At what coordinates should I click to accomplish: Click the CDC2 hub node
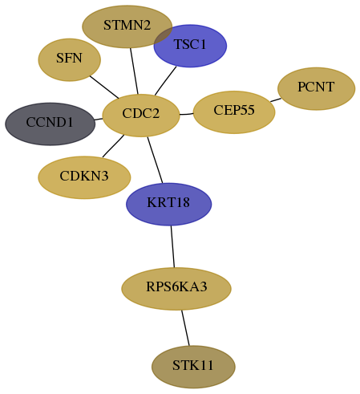(141, 116)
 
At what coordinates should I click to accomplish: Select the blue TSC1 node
(190, 46)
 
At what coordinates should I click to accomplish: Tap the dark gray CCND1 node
(50, 124)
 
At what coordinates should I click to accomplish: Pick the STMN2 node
(127, 26)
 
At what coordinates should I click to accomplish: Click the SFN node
(70, 59)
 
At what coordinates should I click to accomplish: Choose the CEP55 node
(234, 112)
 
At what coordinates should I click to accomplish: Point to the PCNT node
(317, 88)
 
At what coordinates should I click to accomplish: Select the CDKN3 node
(84, 177)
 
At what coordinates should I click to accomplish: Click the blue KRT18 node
(168, 204)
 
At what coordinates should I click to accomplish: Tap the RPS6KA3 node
(176, 289)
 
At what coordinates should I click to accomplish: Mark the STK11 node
(193, 367)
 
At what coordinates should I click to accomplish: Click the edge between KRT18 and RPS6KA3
(172, 246)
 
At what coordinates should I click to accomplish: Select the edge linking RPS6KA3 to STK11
(185, 327)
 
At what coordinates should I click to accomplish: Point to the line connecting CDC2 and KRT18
(155, 160)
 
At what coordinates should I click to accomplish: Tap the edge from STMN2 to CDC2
(134, 71)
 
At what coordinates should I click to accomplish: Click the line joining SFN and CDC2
(104, 87)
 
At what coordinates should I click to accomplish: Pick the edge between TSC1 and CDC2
(165, 81)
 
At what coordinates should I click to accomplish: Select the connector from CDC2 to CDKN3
(113, 146)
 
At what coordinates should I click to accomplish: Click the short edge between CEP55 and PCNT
(276, 100)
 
